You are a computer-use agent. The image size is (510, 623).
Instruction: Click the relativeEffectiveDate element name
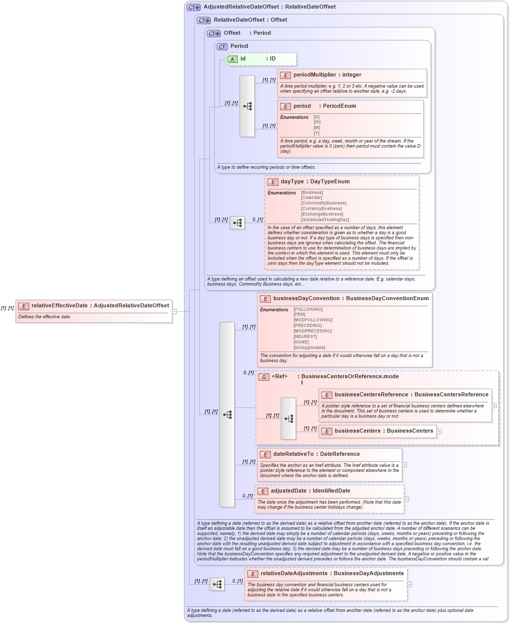click(59, 306)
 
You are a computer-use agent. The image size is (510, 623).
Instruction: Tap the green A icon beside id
click(232, 59)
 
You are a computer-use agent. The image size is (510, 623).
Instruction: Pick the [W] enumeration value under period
click(317, 122)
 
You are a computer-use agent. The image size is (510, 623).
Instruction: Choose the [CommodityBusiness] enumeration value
click(324, 203)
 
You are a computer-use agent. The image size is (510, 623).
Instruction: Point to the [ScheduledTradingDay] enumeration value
click(325, 220)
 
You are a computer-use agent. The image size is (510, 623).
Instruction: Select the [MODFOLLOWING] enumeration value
click(313, 320)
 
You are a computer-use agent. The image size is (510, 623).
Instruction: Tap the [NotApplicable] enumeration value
click(309, 348)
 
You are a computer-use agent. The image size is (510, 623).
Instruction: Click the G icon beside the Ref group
click(264, 377)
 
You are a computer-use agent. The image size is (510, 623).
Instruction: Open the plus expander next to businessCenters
click(439, 432)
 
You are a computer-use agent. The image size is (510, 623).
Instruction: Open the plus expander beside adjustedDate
click(406, 499)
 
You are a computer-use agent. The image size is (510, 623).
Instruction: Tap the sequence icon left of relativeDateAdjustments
click(217, 584)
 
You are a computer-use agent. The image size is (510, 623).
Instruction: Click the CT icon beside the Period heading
click(222, 46)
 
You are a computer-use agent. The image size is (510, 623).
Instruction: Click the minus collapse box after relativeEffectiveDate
click(175, 311)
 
